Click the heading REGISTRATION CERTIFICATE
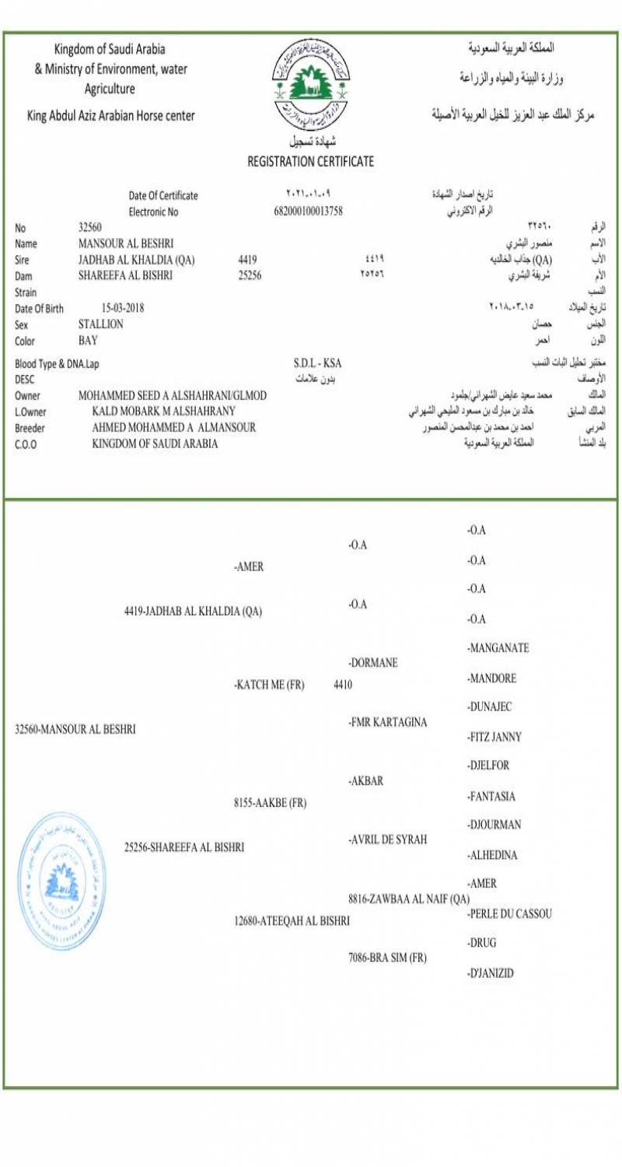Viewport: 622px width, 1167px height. (x=310, y=162)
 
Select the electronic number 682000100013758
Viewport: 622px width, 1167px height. (x=309, y=211)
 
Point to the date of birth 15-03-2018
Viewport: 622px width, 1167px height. (x=123, y=307)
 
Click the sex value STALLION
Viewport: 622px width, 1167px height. (x=101, y=324)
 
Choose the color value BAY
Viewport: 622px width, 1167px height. (x=89, y=340)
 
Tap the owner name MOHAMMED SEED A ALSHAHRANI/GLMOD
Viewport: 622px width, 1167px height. (x=173, y=395)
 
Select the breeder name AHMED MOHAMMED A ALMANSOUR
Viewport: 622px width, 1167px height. (x=173, y=427)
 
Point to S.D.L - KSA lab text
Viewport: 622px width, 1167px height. (x=317, y=363)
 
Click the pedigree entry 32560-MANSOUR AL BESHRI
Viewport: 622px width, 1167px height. (x=75, y=729)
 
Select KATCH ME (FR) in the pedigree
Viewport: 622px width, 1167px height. (x=269, y=685)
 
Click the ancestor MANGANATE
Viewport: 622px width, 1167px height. (x=498, y=647)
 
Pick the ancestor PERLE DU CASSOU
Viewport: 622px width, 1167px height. (x=509, y=913)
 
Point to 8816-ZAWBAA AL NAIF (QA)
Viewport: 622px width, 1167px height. (x=409, y=898)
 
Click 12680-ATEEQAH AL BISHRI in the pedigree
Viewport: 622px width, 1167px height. (x=292, y=920)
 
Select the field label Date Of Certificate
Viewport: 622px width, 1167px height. (x=163, y=195)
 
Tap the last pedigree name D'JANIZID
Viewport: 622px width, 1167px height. (x=491, y=972)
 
